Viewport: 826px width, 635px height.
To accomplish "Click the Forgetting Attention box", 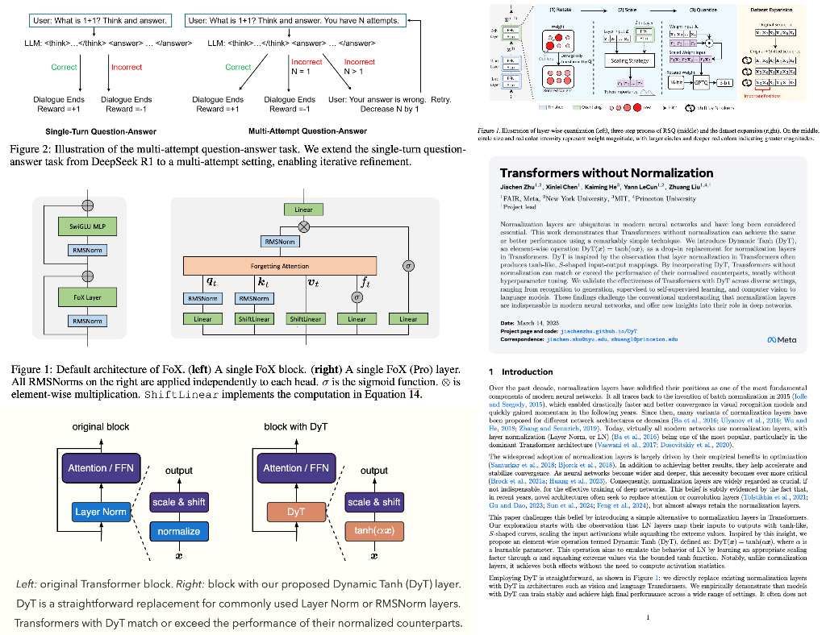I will tap(280, 266).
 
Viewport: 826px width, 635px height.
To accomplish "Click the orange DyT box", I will tap(295, 511).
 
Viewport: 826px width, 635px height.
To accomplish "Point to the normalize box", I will tap(179, 531).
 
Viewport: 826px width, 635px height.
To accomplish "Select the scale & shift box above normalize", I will tap(179, 502).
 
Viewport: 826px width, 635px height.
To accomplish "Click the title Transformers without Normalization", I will tap(607, 173).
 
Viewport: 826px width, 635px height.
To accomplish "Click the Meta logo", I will tap(780, 340).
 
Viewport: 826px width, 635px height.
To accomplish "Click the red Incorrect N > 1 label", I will tap(359, 67).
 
